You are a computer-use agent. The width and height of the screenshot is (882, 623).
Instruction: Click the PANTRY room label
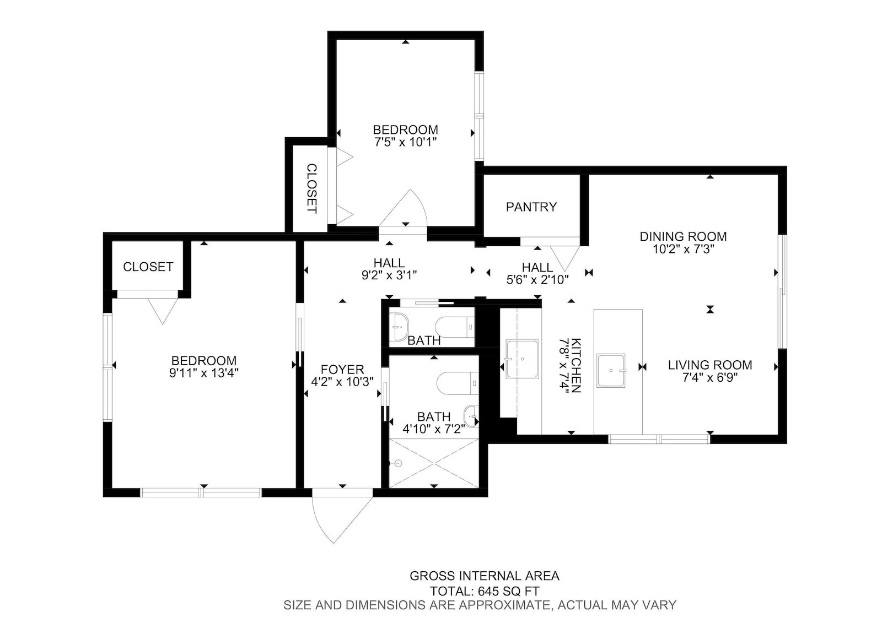pyautogui.click(x=531, y=207)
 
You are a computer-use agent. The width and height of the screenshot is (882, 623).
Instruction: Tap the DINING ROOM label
pyautogui.click(x=683, y=236)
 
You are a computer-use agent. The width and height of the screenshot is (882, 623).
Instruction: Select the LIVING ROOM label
pyautogui.click(x=710, y=365)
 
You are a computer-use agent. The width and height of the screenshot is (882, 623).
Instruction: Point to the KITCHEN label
pyautogui.click(x=576, y=365)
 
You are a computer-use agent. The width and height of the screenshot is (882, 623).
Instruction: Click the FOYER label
pyautogui.click(x=342, y=369)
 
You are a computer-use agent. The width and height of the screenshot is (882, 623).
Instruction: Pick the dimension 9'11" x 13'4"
pyautogui.click(x=204, y=373)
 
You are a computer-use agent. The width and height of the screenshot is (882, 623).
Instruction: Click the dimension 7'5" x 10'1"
pyautogui.click(x=405, y=142)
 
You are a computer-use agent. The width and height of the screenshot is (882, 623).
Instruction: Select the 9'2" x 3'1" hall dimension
pyautogui.click(x=389, y=275)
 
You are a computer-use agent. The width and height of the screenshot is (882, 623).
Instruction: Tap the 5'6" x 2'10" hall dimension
pyautogui.click(x=537, y=279)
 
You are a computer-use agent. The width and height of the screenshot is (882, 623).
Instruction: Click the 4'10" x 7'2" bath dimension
pyautogui.click(x=433, y=429)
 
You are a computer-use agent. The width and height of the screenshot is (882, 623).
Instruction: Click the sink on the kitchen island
pyautogui.click(x=611, y=371)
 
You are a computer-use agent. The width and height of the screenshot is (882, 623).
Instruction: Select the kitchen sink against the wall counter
pyautogui.click(x=522, y=359)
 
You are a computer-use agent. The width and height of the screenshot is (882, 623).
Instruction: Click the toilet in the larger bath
pyautogui.click(x=458, y=383)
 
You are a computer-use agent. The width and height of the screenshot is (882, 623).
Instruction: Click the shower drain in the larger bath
pyautogui.click(x=398, y=463)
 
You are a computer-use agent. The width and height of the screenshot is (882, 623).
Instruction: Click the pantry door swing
pyautogui.click(x=564, y=258)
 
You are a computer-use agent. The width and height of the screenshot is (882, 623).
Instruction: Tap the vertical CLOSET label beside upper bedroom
pyautogui.click(x=311, y=188)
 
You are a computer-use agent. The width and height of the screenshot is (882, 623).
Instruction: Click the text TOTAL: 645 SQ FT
pyautogui.click(x=485, y=591)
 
